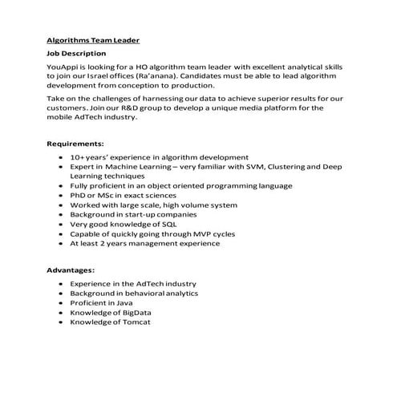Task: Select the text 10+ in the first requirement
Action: [x=78, y=157]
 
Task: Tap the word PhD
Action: [x=78, y=195]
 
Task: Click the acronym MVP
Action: [x=188, y=233]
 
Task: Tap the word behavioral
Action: [x=134, y=293]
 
